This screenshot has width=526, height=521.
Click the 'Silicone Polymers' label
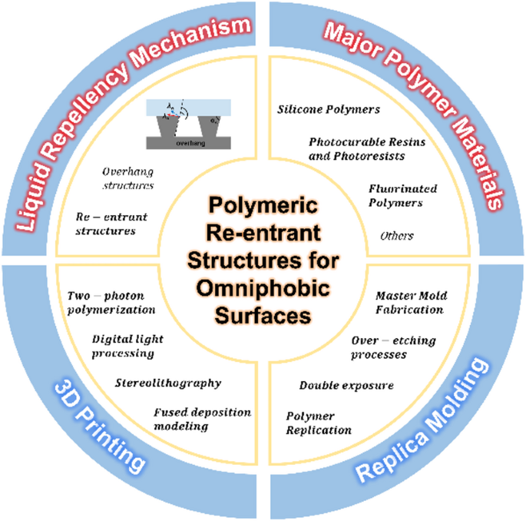(328, 110)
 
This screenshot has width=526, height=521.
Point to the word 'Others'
(396, 235)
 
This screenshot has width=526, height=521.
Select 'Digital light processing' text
(127, 346)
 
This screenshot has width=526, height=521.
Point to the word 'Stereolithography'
(168, 382)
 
